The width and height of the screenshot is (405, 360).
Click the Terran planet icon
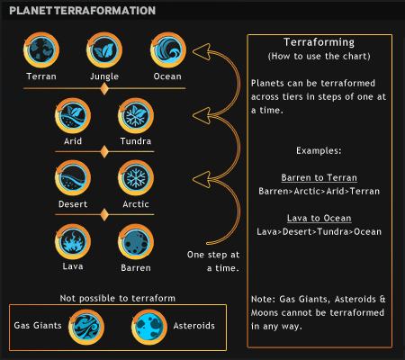[x=41, y=49]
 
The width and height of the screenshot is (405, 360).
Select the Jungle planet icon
[x=104, y=49]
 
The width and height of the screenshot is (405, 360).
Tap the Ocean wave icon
[x=168, y=49]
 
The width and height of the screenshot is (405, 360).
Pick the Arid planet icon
[x=73, y=115]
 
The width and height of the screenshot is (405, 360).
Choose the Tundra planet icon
[x=136, y=115]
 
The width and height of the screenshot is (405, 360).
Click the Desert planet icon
[x=73, y=178]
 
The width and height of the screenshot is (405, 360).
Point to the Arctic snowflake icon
[x=136, y=178]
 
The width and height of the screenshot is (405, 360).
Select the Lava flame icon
[x=73, y=241]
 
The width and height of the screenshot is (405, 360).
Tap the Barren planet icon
[x=136, y=241]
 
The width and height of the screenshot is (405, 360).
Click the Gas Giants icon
[x=86, y=328]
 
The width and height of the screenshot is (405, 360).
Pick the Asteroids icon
[x=149, y=328]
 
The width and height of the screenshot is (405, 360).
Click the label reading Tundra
[x=136, y=141]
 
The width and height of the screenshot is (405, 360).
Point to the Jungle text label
[x=104, y=76]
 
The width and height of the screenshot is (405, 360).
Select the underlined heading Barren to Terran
[x=319, y=177]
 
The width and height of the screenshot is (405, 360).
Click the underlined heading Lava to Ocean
[x=319, y=218]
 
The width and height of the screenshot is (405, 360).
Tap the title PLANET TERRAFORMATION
[x=83, y=11]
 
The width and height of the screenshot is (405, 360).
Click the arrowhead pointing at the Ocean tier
[x=202, y=51]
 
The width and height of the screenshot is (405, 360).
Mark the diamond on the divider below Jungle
[x=104, y=89]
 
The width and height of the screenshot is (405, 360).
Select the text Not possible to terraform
[x=118, y=298]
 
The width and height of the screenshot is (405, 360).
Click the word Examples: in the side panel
[x=319, y=150]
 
